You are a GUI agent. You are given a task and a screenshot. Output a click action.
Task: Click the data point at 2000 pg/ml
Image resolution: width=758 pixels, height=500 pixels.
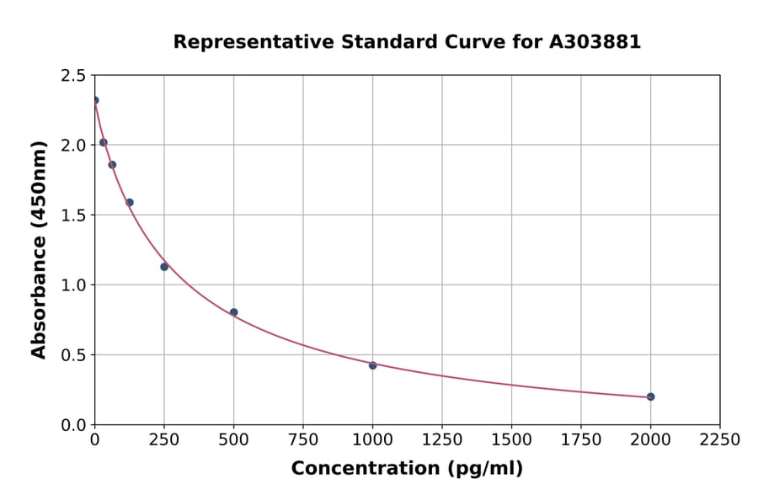(x=650, y=396)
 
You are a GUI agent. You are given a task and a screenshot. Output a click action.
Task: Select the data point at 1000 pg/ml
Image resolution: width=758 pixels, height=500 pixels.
(x=372, y=365)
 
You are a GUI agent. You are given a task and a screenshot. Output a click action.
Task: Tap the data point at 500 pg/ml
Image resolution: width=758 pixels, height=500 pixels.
(x=233, y=312)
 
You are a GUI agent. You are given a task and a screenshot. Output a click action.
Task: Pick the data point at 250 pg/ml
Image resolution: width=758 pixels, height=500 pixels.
(x=164, y=267)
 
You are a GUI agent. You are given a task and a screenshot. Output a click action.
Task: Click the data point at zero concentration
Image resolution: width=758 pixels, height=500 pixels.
(x=95, y=100)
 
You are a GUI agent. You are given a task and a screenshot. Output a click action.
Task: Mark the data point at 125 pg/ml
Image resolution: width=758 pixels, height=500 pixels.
(x=130, y=202)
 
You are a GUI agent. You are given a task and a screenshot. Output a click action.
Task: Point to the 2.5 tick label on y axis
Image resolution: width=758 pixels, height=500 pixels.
(x=72, y=76)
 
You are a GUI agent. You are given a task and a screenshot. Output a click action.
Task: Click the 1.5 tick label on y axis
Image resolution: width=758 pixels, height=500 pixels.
(x=72, y=215)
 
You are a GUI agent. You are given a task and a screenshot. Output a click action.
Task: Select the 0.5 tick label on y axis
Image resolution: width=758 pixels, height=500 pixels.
(x=72, y=355)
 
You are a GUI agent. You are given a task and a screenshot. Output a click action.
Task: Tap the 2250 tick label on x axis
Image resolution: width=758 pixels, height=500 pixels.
(x=719, y=440)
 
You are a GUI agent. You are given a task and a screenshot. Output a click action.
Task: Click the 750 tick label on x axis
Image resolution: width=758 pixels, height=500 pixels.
(x=303, y=440)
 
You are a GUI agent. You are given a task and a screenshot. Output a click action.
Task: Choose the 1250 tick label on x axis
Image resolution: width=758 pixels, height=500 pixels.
(x=442, y=440)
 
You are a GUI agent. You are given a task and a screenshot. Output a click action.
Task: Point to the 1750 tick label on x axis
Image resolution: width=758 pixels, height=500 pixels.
(x=580, y=440)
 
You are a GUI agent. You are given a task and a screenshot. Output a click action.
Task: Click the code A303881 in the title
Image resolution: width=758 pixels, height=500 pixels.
(x=595, y=42)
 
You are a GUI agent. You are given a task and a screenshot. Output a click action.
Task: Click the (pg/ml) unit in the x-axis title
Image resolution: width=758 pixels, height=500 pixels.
(x=485, y=469)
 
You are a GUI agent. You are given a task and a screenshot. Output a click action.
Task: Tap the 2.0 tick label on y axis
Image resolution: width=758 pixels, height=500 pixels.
(x=72, y=146)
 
